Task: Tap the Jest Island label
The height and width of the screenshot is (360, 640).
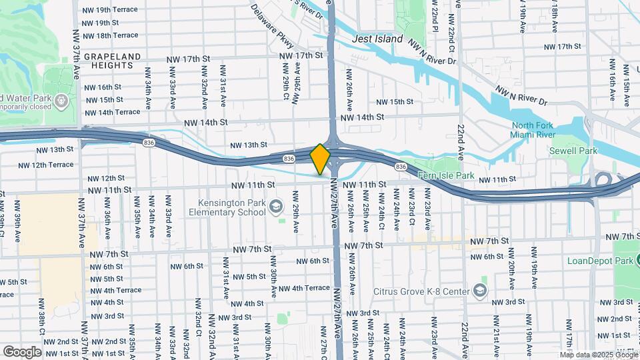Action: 377,39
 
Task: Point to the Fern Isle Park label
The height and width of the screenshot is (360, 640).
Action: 445,176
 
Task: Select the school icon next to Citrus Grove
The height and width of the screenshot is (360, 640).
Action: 479,290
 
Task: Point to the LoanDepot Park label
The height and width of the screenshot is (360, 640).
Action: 600,261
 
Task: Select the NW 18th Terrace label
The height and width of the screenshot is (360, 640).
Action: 109,35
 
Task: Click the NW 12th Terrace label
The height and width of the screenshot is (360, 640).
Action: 45,165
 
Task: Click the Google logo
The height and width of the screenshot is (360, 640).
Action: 22,351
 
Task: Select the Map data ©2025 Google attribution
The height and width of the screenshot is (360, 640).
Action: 603,354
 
